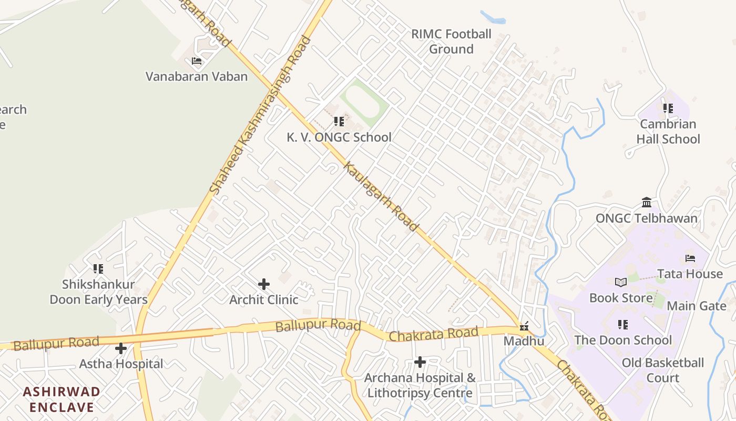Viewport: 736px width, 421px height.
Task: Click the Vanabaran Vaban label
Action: [196, 76]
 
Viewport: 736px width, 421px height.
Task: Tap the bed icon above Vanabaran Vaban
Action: [197, 61]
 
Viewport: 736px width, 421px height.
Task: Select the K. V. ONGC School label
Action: [339, 137]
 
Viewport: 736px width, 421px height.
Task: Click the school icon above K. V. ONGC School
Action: [339, 122]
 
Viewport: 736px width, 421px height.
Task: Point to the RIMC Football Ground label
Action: [451, 42]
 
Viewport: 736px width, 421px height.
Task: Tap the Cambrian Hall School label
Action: [668, 132]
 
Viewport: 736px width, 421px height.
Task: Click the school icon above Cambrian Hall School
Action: [668, 109]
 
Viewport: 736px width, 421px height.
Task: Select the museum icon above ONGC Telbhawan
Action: [647, 203]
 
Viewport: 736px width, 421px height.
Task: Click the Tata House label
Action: [690, 274]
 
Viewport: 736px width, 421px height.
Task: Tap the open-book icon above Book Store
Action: [621, 283]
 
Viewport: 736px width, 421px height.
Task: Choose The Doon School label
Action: [623, 340]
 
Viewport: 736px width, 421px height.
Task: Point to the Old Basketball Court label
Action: [662, 370]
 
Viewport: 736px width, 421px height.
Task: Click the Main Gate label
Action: [697, 306]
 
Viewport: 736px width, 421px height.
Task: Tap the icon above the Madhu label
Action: [524, 327]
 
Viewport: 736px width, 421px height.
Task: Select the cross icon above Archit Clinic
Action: [264, 285]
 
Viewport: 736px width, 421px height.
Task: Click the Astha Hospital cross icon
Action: [121, 348]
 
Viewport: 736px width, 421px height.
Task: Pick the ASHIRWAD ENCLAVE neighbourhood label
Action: [62, 399]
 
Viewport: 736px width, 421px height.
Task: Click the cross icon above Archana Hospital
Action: [420, 362]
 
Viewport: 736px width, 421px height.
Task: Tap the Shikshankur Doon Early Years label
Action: [98, 292]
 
